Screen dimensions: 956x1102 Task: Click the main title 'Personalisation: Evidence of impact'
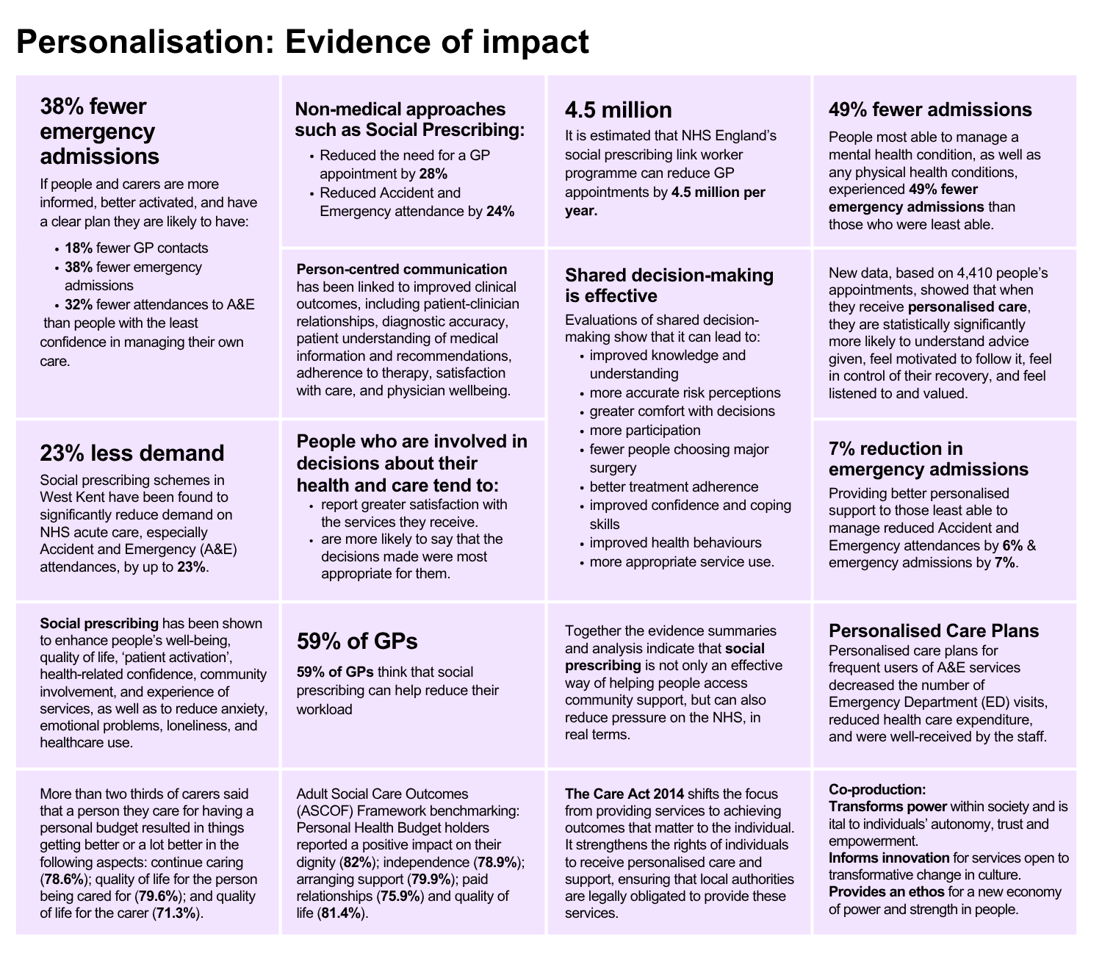coord(302,42)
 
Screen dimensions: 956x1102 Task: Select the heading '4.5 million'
coord(618,110)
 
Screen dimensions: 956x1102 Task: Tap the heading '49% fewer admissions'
coord(930,110)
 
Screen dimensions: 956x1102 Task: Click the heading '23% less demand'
coord(132,453)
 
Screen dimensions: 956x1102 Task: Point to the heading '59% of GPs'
coord(357,641)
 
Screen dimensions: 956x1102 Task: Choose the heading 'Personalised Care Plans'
coord(933,630)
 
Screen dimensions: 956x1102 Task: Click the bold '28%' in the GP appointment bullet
coord(433,174)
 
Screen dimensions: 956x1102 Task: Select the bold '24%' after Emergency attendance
coord(500,212)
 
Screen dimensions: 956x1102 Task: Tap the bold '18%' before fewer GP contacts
coord(79,248)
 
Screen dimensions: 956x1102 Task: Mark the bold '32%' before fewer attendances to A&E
coord(79,304)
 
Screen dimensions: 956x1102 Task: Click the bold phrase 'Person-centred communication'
coord(401,269)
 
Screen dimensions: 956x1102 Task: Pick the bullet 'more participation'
coord(645,430)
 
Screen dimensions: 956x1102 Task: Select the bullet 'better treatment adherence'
coord(674,486)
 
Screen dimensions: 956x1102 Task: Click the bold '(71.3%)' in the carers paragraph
coord(177,913)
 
